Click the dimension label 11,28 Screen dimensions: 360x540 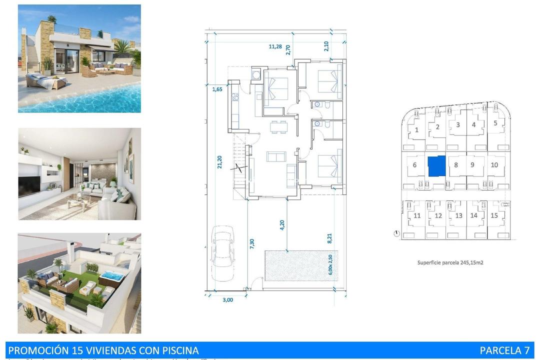click(x=275, y=46)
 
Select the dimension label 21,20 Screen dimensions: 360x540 click(x=219, y=162)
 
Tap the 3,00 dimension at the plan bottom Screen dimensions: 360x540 click(x=227, y=299)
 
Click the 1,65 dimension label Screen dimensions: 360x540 click(x=217, y=89)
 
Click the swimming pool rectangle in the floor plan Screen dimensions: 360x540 click(x=298, y=265)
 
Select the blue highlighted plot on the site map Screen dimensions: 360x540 click(x=436, y=165)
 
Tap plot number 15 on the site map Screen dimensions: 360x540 click(x=494, y=215)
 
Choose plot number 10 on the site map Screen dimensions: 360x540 click(x=494, y=165)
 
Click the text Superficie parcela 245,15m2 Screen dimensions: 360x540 click(x=450, y=262)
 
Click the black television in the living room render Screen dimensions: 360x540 click(x=29, y=186)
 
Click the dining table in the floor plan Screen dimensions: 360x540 click(x=278, y=127)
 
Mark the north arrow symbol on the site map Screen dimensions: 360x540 click(x=396, y=233)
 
